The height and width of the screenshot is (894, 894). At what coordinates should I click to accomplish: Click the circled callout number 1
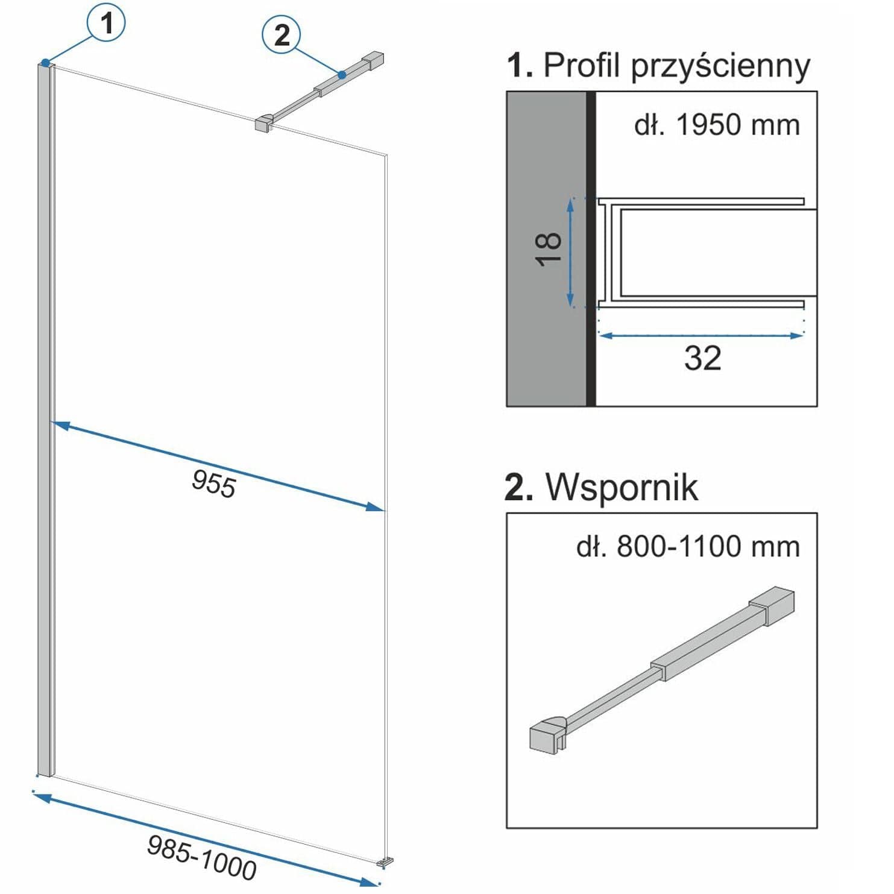click(x=106, y=24)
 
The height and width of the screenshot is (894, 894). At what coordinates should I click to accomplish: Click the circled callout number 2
click(x=282, y=36)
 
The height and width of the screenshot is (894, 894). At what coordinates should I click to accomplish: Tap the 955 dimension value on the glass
click(x=213, y=483)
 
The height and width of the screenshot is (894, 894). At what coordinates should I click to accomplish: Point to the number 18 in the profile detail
click(x=548, y=249)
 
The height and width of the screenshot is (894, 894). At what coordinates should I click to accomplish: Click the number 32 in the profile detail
click(x=702, y=358)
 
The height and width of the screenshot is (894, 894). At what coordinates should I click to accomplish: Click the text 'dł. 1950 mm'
click(x=717, y=125)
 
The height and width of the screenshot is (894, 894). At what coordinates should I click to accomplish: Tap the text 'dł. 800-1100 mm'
click(x=688, y=547)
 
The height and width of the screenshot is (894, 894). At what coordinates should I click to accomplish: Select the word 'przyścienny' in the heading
click(x=720, y=66)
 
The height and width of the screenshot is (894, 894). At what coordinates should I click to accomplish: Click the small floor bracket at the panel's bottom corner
click(x=384, y=863)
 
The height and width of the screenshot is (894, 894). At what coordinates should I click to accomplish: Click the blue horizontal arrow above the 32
click(x=702, y=335)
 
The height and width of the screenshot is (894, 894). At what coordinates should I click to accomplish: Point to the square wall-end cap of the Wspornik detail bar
click(x=772, y=605)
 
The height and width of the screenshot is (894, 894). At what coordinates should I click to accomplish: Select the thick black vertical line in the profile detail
click(x=591, y=249)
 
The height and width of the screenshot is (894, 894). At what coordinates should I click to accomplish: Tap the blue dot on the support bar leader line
click(x=342, y=75)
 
